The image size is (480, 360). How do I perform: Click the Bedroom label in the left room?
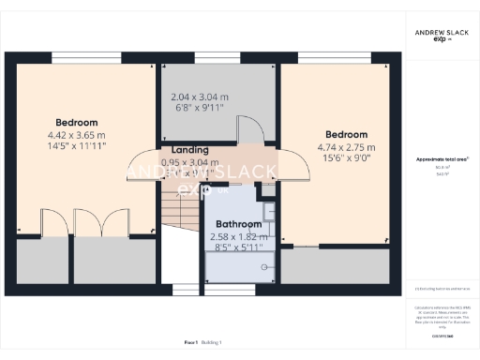[x=76, y=123]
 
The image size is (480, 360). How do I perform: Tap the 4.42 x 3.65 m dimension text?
[x=76, y=135]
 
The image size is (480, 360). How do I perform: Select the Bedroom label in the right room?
[x=346, y=135]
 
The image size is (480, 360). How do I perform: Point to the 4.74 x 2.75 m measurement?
[x=346, y=147]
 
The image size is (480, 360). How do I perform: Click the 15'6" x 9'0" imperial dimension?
[x=346, y=158]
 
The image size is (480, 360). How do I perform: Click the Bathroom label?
[x=238, y=225]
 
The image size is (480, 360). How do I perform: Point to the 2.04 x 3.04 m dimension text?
[x=197, y=97]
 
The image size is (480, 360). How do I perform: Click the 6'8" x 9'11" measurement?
[x=197, y=108]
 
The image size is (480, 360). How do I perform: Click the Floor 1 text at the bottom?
[x=190, y=344]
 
